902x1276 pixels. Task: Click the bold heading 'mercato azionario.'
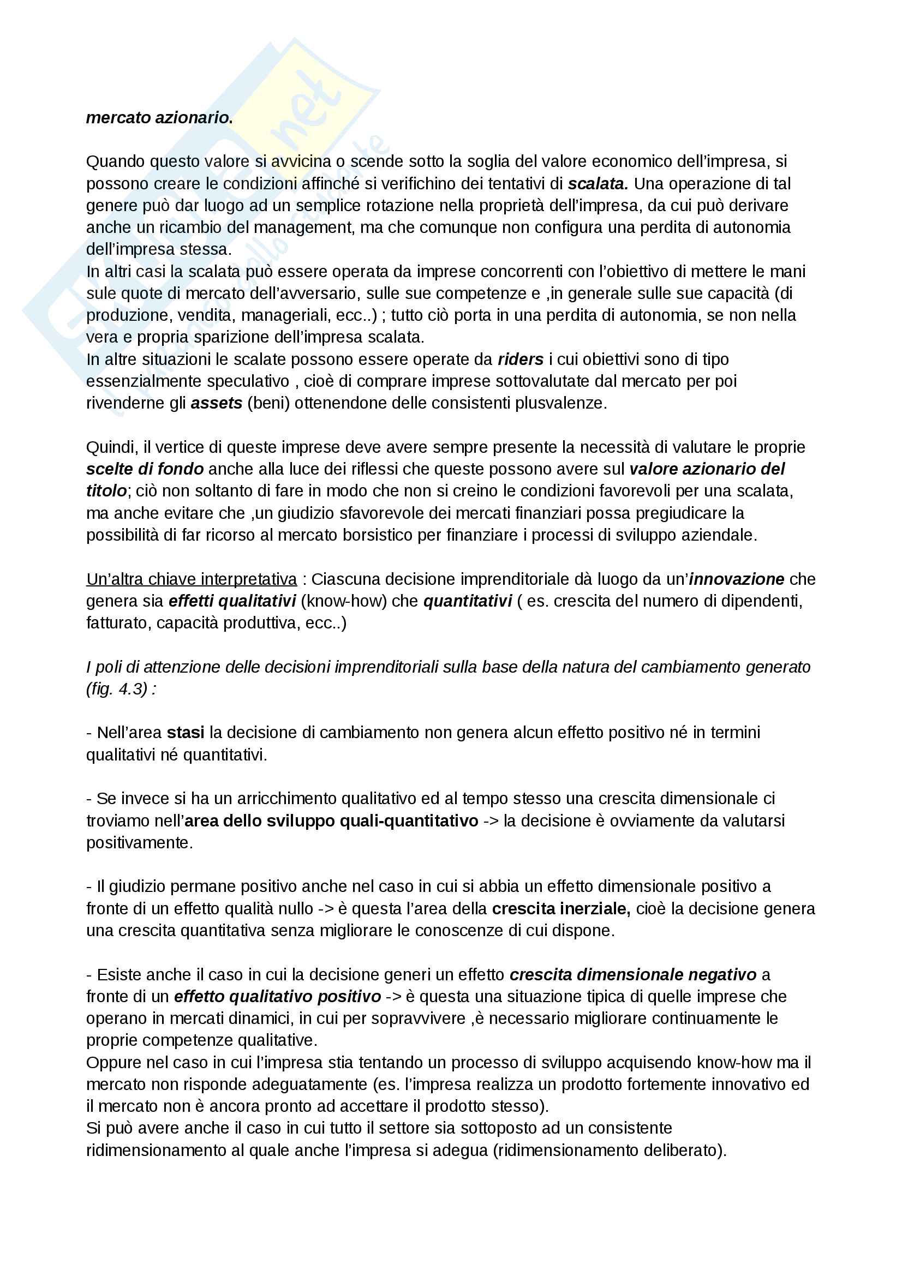(159, 118)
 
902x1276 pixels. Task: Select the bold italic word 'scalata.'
(598, 183)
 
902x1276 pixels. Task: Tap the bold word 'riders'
(520, 360)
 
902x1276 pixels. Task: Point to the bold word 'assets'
(216, 403)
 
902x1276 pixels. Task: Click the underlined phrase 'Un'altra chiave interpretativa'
(191, 579)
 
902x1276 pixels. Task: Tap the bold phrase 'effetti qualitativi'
(232, 601)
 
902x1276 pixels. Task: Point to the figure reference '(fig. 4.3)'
(117, 688)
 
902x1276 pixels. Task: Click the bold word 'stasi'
(185, 733)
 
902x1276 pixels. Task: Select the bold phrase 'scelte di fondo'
(145, 469)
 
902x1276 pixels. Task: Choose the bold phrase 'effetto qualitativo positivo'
(277, 997)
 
